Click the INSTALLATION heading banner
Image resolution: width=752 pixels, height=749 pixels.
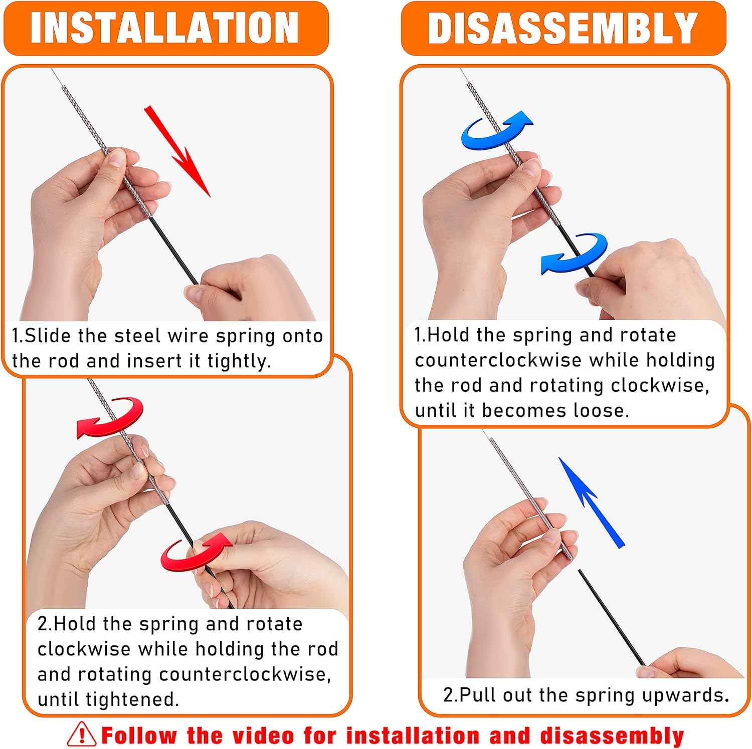coord(165,28)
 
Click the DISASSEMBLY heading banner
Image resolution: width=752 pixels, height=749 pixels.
coord(563,28)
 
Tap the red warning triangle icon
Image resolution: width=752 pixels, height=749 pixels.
coord(81,735)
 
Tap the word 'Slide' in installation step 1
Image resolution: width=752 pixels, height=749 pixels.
coord(48,336)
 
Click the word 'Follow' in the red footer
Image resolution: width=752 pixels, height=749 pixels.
coord(139,736)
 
